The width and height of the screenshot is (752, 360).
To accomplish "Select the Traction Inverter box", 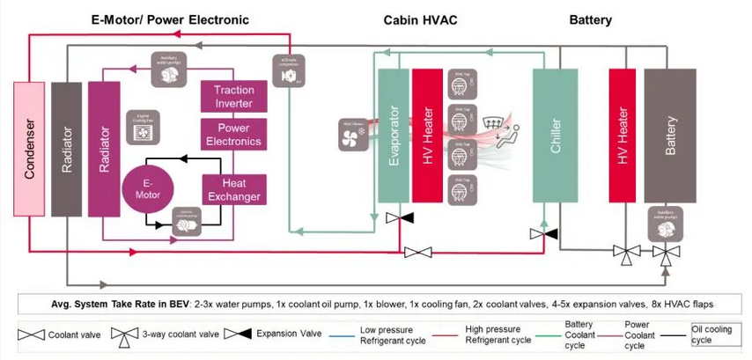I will click(233, 97).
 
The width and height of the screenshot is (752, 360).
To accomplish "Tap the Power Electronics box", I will click(233, 135).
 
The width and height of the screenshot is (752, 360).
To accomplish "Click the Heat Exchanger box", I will click(233, 188).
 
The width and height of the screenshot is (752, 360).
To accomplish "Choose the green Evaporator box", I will click(394, 136).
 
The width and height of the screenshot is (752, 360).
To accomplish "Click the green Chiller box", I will click(555, 136).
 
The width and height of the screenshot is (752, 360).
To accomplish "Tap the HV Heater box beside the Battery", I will click(623, 136).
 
